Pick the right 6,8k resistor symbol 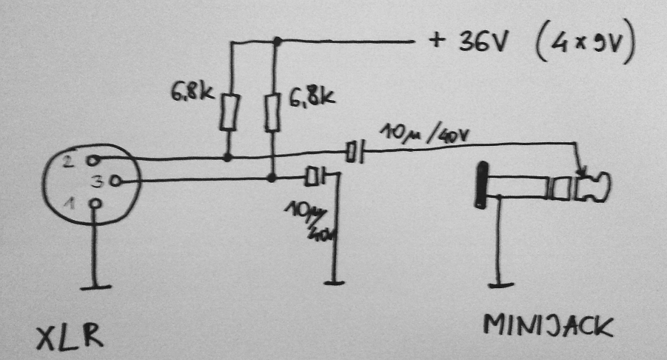click(274, 112)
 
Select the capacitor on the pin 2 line click(356, 153)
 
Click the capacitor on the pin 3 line click(316, 176)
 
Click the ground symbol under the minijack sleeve click(501, 282)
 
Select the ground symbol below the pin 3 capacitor click(335, 281)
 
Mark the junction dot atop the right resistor click(275, 41)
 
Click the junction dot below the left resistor click(227, 157)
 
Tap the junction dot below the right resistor click(272, 178)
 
